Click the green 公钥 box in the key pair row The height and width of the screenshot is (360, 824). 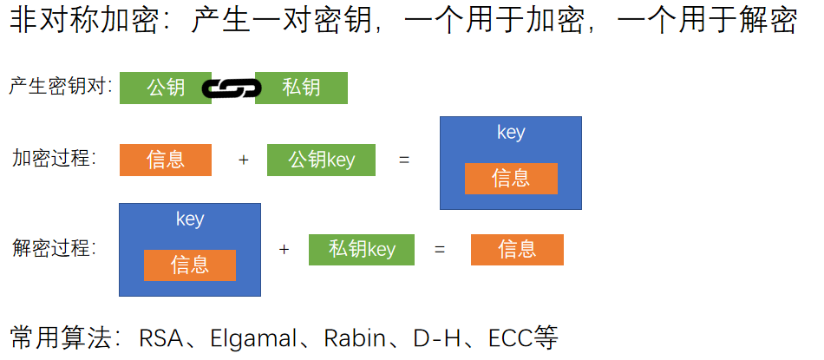pos(165,88)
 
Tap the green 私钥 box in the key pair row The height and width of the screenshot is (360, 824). pos(301,88)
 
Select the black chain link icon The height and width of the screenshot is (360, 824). pos(231,88)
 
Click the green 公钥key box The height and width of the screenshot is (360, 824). pos(321,160)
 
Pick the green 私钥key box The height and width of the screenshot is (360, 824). pos(362,250)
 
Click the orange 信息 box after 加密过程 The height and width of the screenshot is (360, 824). pos(166,160)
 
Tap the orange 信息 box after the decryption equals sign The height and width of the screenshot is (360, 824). pos(517,250)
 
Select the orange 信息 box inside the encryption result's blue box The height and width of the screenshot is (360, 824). pos(511,178)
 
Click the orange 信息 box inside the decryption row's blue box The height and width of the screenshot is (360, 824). pos(190,265)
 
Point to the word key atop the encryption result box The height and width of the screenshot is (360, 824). pos(511,133)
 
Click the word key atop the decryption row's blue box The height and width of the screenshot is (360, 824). pos(190,219)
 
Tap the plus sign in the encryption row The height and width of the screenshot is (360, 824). pos(243,160)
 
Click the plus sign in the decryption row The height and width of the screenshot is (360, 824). pos(284,250)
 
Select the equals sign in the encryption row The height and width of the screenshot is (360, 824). pos(403,160)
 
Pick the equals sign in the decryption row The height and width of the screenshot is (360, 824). pos(440,250)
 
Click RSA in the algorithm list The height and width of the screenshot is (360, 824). pos(161,337)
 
